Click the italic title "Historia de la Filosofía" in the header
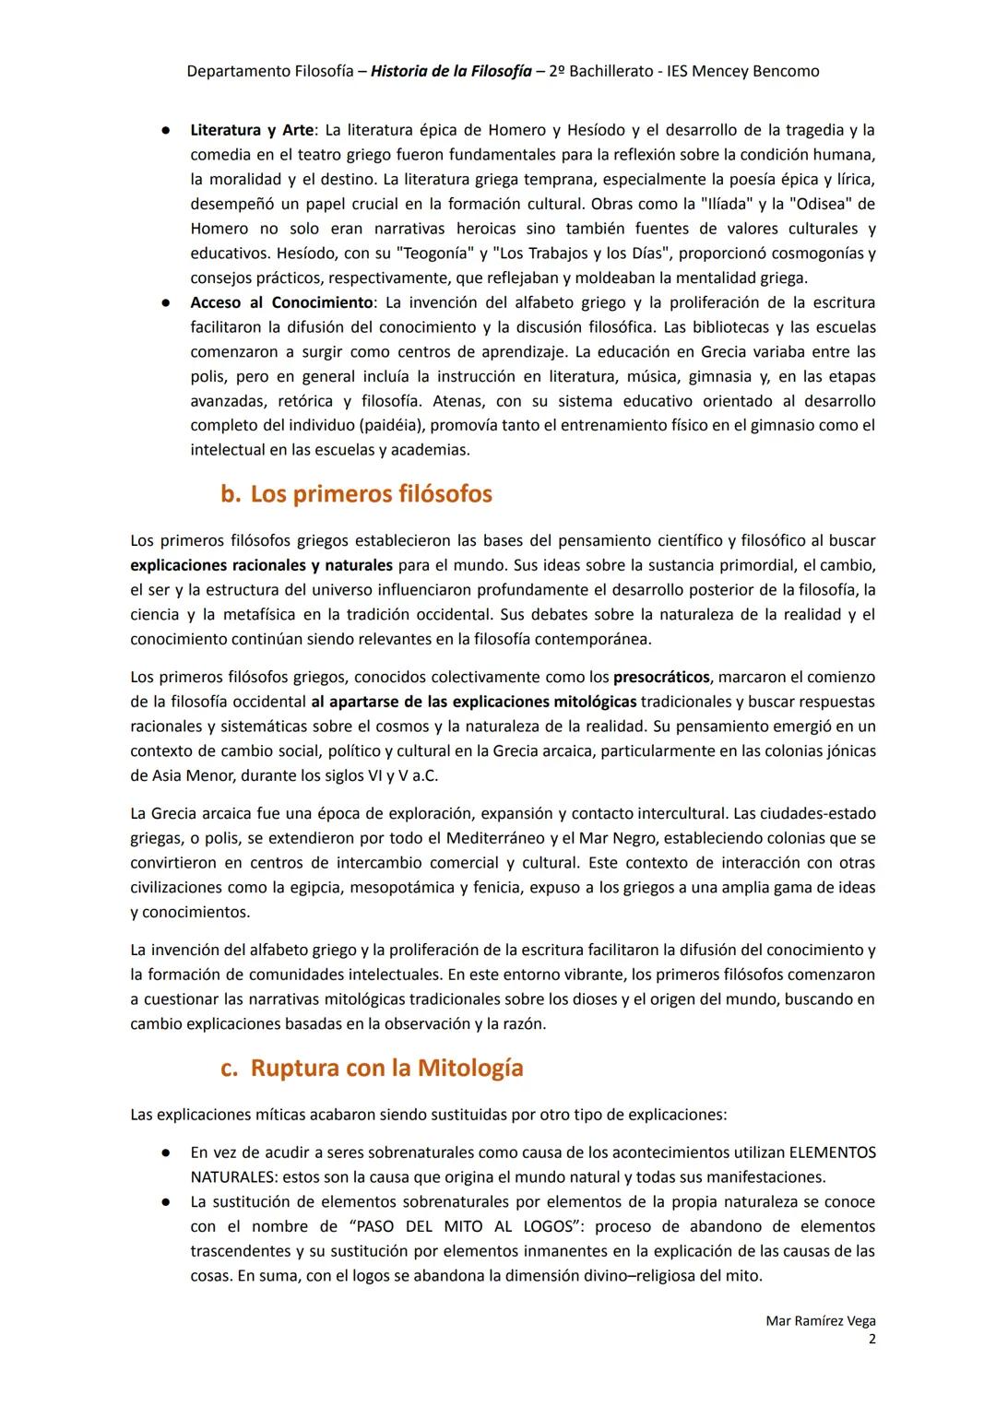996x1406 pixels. point(451,71)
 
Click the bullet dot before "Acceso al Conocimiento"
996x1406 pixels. point(162,302)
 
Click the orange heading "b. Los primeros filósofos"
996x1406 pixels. point(356,494)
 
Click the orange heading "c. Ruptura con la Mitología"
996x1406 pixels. point(372,1068)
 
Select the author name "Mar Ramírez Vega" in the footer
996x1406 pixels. point(820,1320)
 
